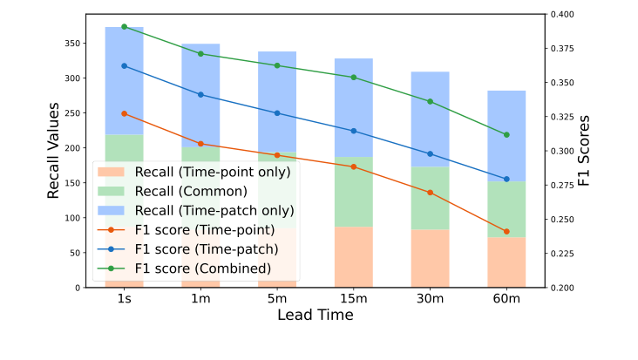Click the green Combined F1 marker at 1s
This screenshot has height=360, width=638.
[x=124, y=27]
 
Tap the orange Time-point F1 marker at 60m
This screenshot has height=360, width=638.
[x=506, y=232]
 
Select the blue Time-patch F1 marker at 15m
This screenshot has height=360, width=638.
[x=353, y=131]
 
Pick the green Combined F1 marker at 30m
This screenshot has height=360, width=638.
[x=430, y=101]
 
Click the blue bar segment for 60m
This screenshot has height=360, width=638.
[x=506, y=136]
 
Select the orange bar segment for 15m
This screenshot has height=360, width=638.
[x=353, y=257]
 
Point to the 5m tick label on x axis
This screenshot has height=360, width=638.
[x=277, y=299]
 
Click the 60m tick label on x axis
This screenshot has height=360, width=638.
[x=506, y=299]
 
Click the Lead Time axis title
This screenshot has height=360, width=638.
[x=315, y=316]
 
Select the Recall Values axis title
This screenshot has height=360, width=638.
[x=54, y=151]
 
